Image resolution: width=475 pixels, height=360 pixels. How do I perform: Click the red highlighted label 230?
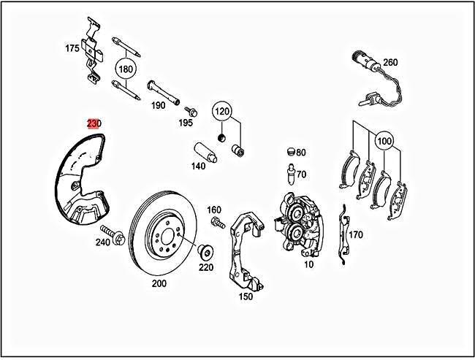[94, 123]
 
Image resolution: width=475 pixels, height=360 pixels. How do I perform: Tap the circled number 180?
[126, 70]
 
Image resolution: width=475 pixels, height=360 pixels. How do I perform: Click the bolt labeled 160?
[216, 221]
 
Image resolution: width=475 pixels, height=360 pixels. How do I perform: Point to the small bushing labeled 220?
[206, 253]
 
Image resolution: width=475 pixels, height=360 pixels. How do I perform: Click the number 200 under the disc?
[159, 283]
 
